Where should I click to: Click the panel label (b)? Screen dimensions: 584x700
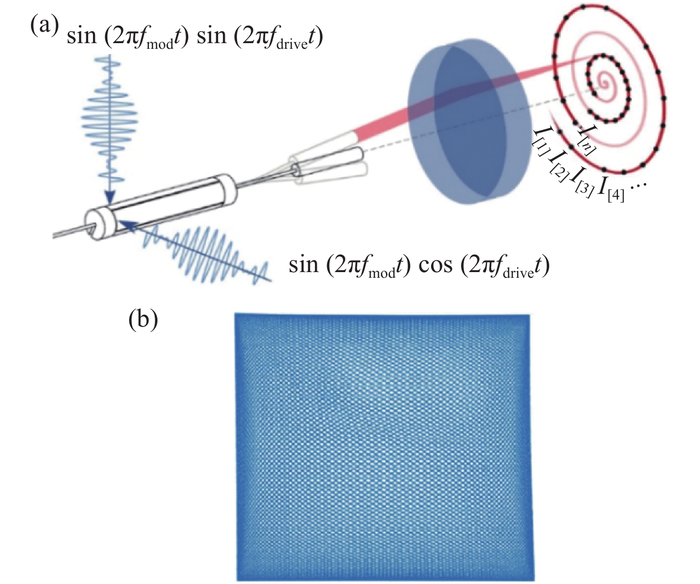[143, 320]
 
